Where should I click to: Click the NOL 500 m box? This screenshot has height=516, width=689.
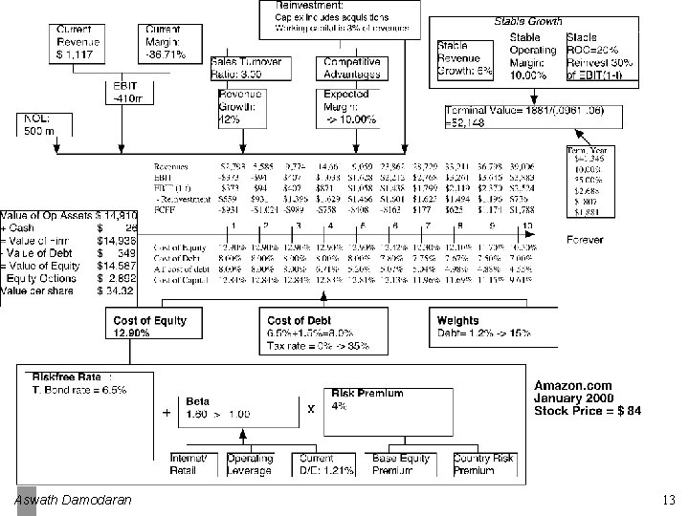click(39, 125)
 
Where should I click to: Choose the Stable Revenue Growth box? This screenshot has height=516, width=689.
click(463, 58)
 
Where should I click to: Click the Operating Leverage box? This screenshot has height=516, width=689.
click(250, 464)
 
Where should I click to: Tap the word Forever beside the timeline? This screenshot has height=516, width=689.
click(585, 239)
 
